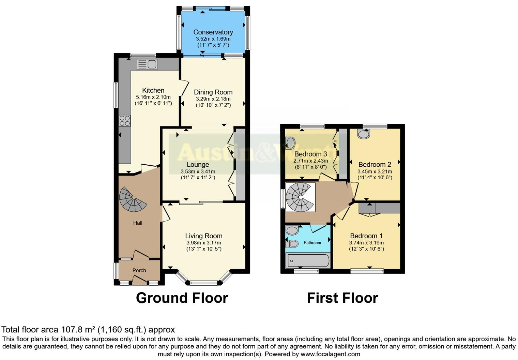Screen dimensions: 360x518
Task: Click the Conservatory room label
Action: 213,32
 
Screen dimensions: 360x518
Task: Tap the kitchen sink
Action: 147,64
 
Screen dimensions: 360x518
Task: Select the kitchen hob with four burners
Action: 124,121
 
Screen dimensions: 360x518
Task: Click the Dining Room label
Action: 213,92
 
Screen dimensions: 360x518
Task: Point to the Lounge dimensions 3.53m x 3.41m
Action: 198,171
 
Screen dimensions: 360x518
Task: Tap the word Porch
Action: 139,270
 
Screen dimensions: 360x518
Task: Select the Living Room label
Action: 203,236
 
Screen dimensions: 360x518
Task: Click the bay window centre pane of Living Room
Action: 203,282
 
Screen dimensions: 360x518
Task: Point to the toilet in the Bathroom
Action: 291,244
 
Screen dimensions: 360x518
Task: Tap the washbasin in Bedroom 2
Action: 364,134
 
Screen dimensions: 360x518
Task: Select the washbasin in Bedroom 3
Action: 290,142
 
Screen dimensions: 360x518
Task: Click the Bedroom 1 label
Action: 366,236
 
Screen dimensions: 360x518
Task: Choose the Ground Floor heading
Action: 182,298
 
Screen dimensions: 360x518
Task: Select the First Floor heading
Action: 342,298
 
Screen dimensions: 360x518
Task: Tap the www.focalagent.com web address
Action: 330,354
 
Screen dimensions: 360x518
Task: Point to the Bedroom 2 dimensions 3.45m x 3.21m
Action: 375,171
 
